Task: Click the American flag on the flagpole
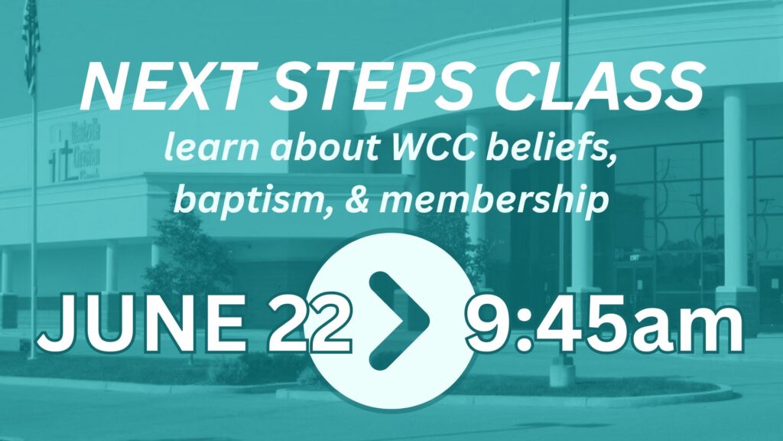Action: [x=31, y=45]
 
